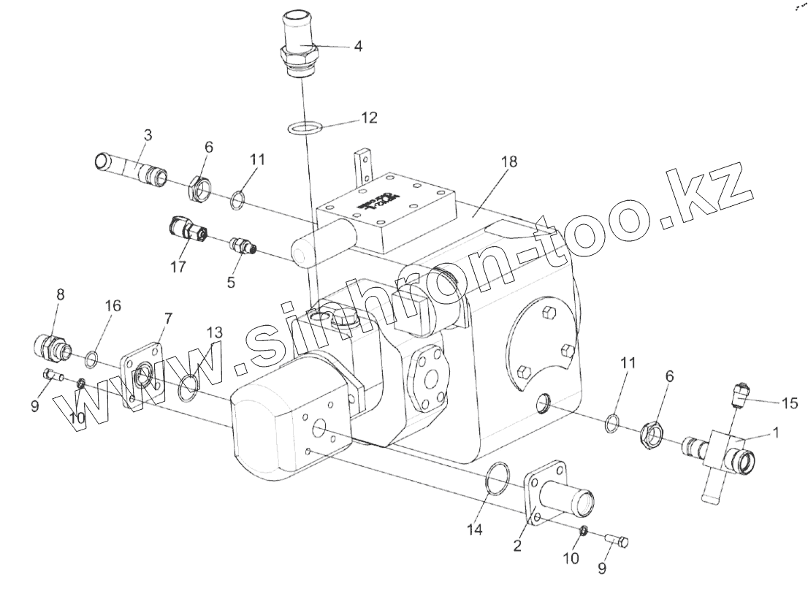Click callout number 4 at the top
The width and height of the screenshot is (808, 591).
coord(357,45)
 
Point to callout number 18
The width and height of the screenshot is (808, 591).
coord(509,161)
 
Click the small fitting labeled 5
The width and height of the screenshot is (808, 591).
coord(241,245)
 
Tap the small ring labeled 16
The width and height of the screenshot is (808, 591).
coord(92,358)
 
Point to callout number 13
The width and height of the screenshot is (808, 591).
coord(213,333)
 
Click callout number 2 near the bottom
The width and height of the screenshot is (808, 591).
coord(517,545)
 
